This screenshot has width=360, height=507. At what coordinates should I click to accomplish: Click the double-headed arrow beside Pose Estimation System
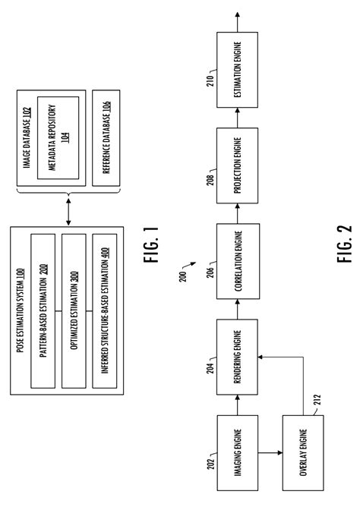click(68, 213)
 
